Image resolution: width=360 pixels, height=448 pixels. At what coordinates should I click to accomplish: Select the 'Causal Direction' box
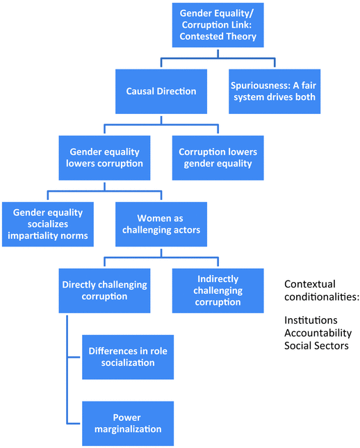[161, 91]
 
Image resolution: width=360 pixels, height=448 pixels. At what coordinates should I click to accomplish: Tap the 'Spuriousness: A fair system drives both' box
[273, 91]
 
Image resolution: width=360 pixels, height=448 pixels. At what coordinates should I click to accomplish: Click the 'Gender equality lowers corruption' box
[105, 157]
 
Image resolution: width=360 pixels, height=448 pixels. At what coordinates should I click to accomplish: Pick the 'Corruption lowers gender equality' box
[218, 157]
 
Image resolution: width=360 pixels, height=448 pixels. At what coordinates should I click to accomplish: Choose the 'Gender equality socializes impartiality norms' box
[48, 224]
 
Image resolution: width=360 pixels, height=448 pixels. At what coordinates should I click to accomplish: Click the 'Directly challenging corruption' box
[104, 290]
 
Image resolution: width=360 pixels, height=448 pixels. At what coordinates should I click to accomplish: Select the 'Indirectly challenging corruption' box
[218, 290]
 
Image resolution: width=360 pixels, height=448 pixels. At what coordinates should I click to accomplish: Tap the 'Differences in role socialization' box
[127, 356]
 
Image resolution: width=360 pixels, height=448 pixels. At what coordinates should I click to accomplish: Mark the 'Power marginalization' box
[127, 422]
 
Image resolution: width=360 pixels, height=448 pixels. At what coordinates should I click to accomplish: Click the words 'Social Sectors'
[316, 345]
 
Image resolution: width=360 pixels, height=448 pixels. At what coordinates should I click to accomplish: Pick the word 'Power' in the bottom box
[127, 417]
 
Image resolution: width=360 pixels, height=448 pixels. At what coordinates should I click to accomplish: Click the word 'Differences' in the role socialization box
[113, 351]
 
